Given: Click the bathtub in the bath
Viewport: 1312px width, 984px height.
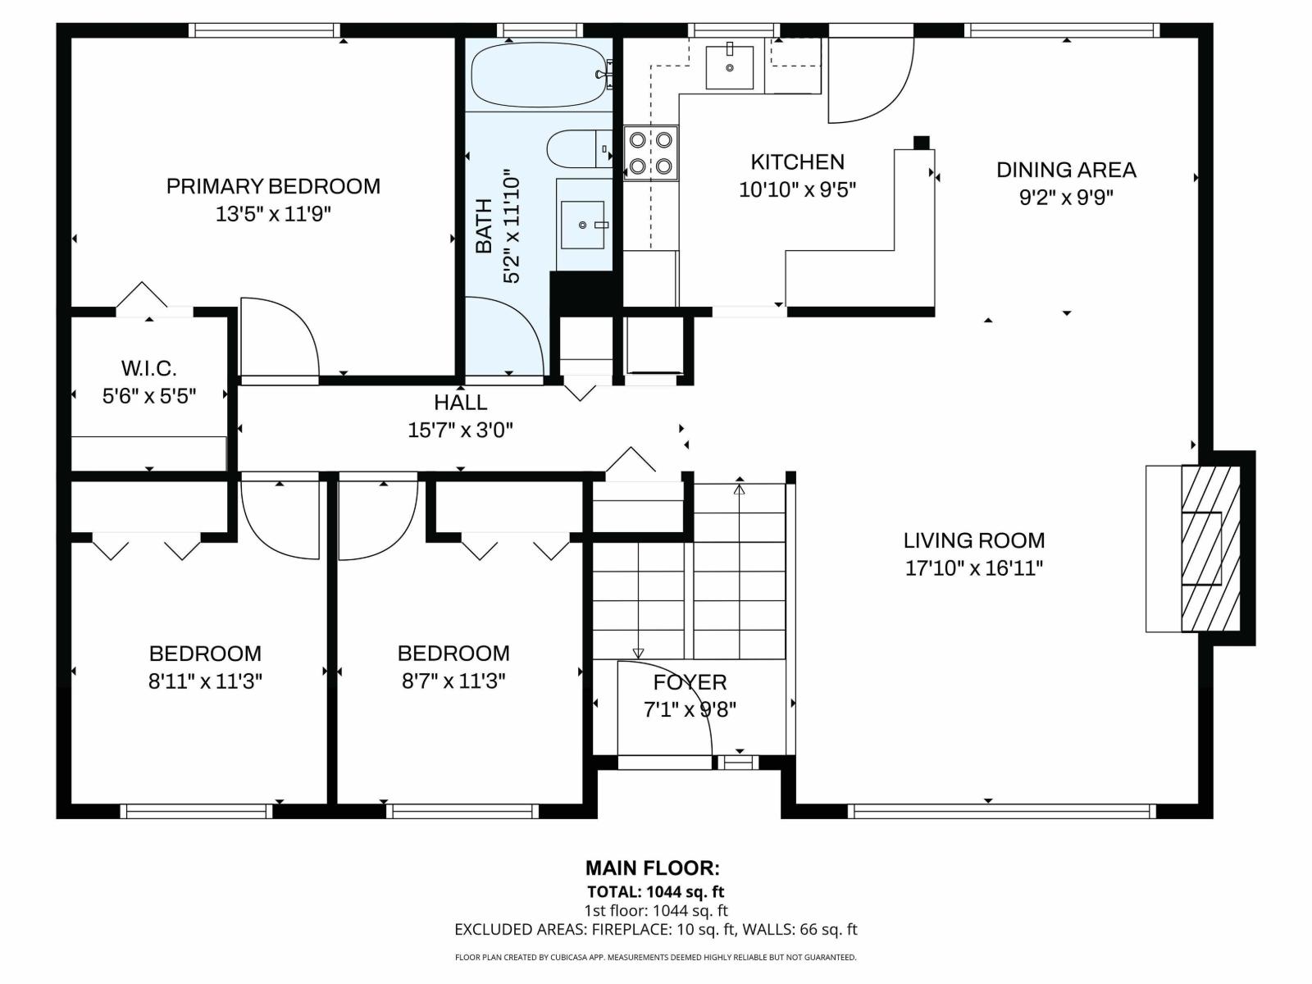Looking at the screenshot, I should [x=538, y=75].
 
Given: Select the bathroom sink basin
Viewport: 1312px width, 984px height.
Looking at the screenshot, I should [x=582, y=224].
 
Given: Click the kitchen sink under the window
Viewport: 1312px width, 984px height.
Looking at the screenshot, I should [x=729, y=67].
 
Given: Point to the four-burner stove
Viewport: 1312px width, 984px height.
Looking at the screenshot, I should [x=650, y=153].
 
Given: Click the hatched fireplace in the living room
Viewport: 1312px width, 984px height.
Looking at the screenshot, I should [x=1209, y=548].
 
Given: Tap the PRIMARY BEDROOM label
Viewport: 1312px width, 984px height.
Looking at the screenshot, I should [x=273, y=186].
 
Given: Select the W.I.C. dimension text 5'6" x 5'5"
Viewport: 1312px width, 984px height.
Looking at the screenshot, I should [x=149, y=396].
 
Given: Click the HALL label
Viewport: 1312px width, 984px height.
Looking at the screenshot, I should [x=461, y=403].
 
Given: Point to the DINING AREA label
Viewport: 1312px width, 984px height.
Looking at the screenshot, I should [x=1066, y=170].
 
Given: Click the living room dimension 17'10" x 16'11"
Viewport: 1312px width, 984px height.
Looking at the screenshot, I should [x=974, y=567].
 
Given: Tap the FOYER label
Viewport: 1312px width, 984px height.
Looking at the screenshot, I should [x=690, y=682].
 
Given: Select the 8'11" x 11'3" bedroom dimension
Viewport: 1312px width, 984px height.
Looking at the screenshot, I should [x=205, y=681].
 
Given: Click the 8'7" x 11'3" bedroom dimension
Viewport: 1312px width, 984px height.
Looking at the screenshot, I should [x=453, y=681].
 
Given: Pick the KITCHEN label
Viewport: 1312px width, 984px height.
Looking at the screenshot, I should [x=797, y=162].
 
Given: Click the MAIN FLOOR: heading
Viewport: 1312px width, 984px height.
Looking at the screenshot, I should [x=653, y=868].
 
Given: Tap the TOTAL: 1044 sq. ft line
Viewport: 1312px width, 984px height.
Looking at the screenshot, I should [x=655, y=891].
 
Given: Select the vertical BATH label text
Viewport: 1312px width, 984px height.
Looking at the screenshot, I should [x=485, y=225].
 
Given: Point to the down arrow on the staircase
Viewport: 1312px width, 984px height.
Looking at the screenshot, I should [x=638, y=653].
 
